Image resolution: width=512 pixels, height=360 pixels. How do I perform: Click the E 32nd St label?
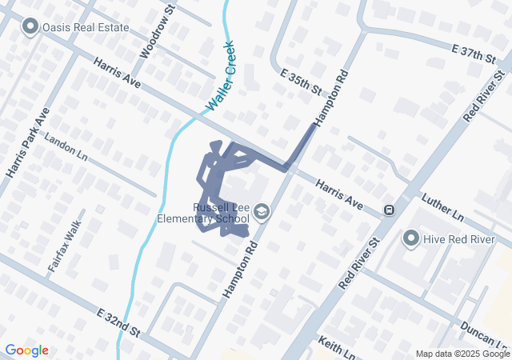(x=118, y=322)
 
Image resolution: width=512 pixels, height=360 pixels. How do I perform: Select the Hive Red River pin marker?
(x=411, y=238)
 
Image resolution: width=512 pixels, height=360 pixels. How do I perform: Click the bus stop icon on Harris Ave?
(x=389, y=210)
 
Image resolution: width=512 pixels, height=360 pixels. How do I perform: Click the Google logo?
(x=26, y=350)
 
